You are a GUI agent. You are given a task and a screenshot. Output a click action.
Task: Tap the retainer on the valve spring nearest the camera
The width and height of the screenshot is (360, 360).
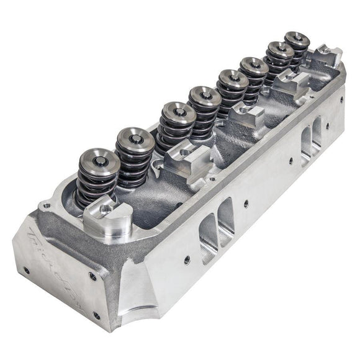[97, 163]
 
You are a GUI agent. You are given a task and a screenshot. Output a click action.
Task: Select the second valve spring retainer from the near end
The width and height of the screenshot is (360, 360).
[135, 140]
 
